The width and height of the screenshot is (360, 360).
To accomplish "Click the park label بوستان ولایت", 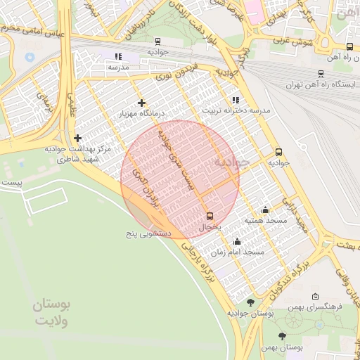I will (53, 313).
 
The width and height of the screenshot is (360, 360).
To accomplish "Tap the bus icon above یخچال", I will (210, 216).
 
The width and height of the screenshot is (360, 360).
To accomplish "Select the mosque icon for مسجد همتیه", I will (265, 209).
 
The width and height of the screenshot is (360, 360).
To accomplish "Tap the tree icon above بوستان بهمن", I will (282, 336).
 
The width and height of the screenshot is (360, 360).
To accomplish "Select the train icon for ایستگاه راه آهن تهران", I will (321, 73).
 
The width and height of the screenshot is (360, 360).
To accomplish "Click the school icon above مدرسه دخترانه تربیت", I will (234, 100).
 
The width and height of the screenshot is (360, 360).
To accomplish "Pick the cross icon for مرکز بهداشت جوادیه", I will (77, 138).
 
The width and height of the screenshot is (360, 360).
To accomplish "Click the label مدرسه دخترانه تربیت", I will (226, 111).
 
